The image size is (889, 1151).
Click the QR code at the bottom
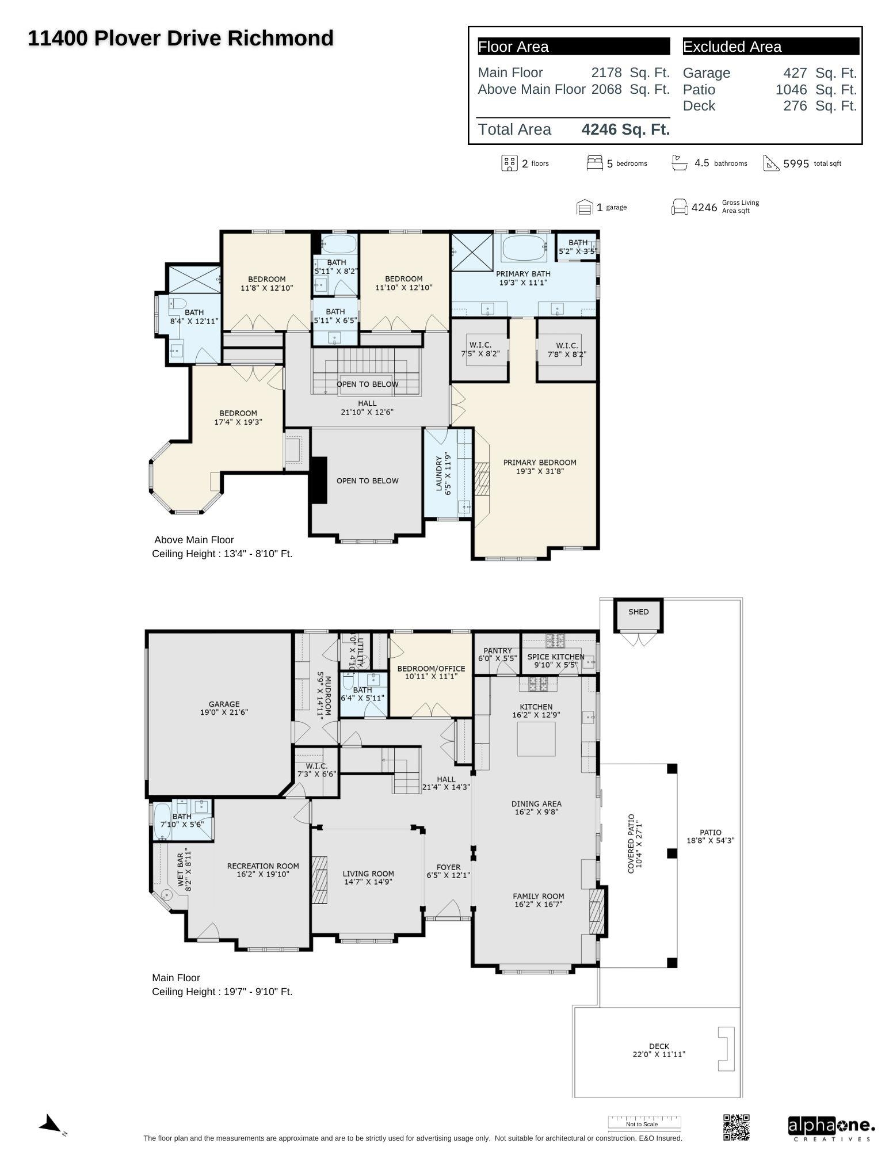736,1127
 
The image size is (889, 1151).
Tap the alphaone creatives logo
831,1128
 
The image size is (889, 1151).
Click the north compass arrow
51,1123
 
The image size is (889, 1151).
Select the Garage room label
224,708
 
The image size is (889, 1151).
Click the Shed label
638,612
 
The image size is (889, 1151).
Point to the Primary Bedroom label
539,467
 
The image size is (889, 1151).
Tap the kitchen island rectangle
536,738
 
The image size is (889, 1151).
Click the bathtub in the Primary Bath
524,249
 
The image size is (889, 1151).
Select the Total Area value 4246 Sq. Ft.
625,129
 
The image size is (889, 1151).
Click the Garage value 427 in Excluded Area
795,73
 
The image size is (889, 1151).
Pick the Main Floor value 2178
606,73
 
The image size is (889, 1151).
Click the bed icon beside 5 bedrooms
594,163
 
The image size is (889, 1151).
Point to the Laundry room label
443,474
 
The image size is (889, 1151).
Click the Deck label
659,1050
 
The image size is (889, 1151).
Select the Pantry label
498,654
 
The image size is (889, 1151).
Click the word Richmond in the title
280,39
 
